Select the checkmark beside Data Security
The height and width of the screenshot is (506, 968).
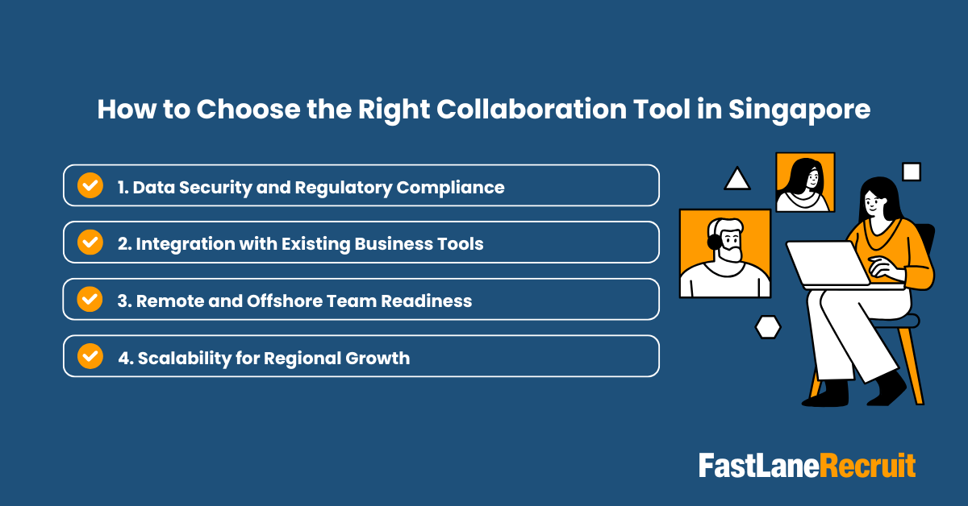(90, 186)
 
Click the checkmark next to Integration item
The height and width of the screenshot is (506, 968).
(90, 243)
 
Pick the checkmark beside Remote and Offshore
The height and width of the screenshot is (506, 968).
(90, 300)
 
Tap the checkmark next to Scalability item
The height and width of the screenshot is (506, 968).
(90, 357)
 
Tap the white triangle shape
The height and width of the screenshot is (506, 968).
(737, 180)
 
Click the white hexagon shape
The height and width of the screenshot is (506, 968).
(768, 326)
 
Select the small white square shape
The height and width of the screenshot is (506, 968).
(911, 172)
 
